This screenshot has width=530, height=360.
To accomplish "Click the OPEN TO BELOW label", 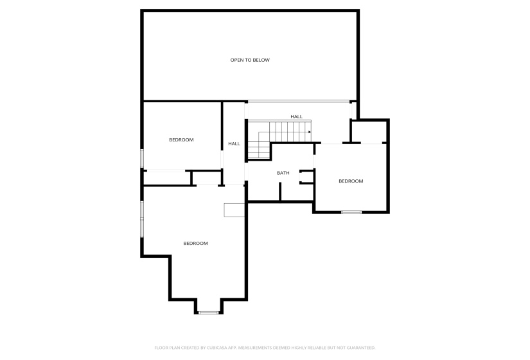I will [x=250, y=60].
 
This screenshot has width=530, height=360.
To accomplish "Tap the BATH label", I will [x=283, y=173].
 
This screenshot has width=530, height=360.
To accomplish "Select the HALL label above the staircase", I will [x=296, y=117].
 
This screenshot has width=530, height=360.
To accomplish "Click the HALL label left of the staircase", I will [x=234, y=143].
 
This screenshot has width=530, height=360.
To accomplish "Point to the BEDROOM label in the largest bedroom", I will [x=195, y=243].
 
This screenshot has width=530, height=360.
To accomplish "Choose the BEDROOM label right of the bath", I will [x=351, y=181].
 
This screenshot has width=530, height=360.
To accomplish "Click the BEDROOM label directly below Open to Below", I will [x=181, y=139].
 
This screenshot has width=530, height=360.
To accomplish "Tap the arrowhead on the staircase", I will [x=309, y=132].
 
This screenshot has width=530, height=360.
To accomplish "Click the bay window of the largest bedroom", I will [x=208, y=313].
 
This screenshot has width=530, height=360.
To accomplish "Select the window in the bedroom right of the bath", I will [x=351, y=212].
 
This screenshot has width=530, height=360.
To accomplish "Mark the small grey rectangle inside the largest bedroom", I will [x=233, y=210].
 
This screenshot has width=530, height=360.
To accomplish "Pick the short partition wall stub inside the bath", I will [x=280, y=192].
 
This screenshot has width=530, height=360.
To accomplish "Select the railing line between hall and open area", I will [x=298, y=101].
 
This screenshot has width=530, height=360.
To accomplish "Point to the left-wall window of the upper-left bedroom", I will [x=142, y=158].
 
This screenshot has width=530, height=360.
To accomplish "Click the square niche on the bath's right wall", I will [x=306, y=177].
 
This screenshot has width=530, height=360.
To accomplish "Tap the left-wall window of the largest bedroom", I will [x=142, y=219].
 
